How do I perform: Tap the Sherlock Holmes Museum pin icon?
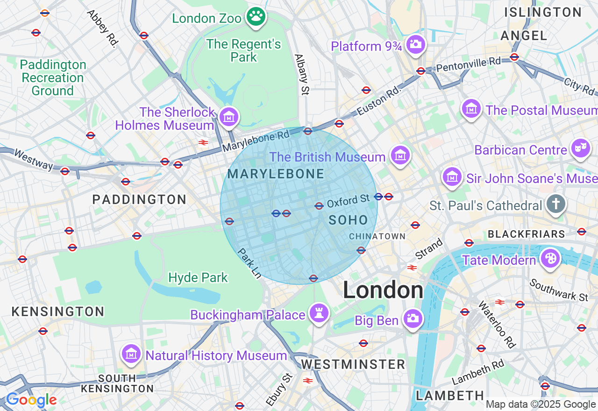229,117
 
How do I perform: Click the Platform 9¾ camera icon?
415,44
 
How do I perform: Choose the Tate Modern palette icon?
550,258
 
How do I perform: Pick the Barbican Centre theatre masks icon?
580,149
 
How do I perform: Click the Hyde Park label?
198,277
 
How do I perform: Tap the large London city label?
383,290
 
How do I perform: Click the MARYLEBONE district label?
276,174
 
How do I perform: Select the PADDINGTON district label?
139,199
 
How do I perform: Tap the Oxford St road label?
349,201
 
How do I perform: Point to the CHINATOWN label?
377,236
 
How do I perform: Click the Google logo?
31,400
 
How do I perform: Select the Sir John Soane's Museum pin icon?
452,177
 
